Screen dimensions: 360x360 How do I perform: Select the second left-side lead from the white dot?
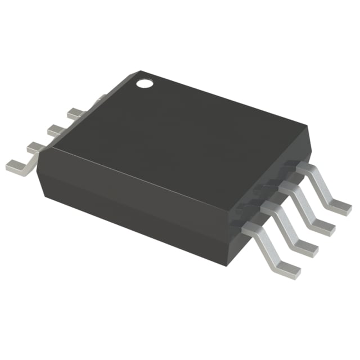(56, 130)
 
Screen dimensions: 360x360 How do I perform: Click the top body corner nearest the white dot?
(141, 71)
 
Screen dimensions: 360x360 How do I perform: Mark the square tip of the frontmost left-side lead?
(12, 166)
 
